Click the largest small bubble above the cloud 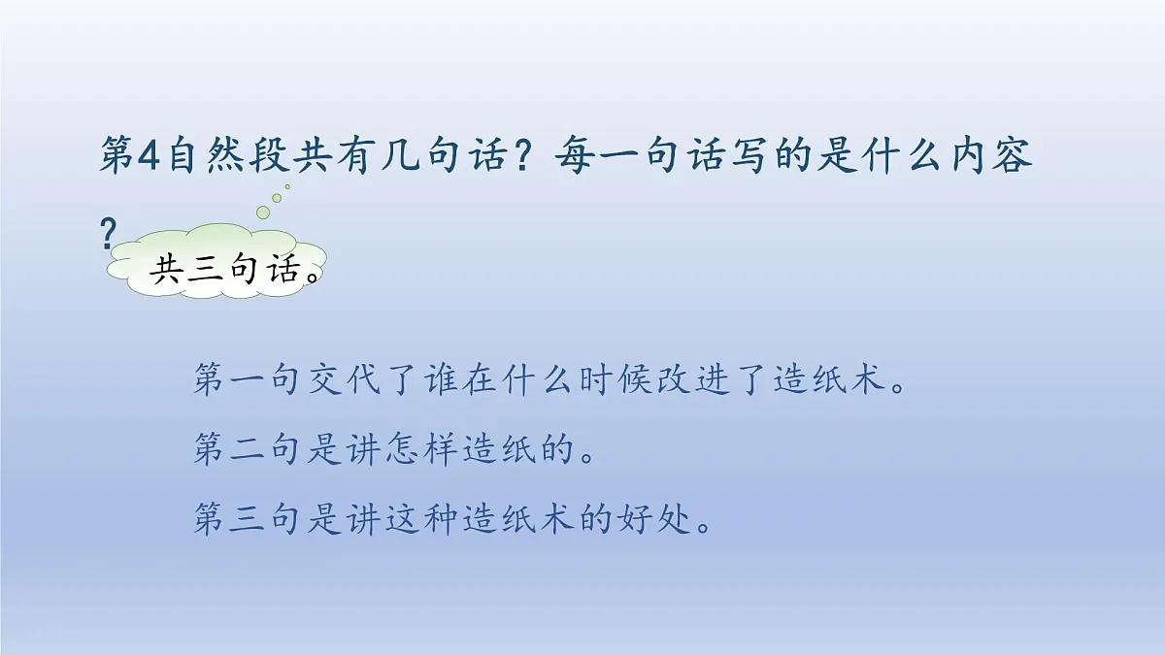(264, 212)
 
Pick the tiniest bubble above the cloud (287, 186)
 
